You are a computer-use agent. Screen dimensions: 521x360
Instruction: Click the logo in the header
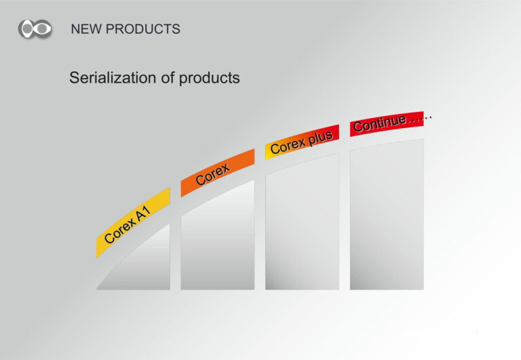point(35,29)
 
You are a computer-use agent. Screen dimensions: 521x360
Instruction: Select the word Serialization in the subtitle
point(113,78)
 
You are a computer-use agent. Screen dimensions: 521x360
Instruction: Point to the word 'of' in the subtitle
point(168,78)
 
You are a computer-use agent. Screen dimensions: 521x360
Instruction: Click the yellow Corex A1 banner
point(133,222)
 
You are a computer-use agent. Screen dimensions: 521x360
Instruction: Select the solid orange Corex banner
point(218,173)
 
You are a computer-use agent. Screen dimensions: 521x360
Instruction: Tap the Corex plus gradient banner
point(302,142)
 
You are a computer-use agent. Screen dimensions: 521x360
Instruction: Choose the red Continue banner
point(387,124)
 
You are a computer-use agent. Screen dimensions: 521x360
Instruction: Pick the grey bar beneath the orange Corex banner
point(218,239)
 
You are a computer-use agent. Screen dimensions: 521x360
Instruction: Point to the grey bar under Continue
point(387,215)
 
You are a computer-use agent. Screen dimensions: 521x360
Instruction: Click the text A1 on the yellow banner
point(144,214)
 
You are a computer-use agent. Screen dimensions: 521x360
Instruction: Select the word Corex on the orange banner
point(212,174)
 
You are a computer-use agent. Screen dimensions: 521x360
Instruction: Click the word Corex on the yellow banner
point(119,231)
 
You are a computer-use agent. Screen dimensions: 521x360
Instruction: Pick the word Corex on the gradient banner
point(288,146)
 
